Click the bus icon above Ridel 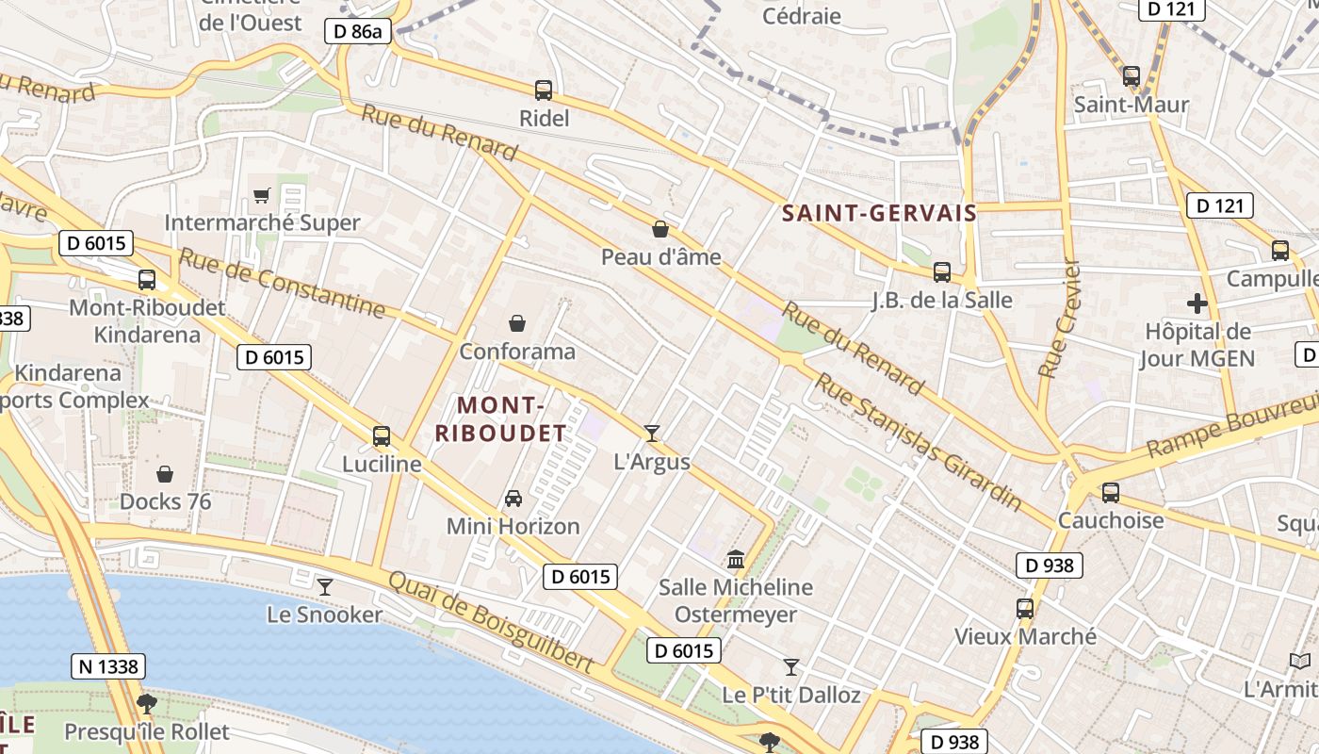(544, 90)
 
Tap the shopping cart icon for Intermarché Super (262, 196)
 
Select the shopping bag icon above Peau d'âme (660, 229)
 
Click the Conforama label (517, 352)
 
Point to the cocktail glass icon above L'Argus (652, 434)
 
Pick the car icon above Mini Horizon (513, 498)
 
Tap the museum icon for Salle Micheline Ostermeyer (736, 560)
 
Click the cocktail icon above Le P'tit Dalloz (791, 667)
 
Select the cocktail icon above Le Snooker (325, 587)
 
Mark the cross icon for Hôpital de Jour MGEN (1197, 303)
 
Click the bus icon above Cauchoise (1111, 492)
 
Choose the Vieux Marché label (1026, 636)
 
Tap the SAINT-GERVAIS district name (879, 214)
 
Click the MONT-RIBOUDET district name (500, 419)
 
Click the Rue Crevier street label (1058, 319)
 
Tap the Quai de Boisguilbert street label (491, 622)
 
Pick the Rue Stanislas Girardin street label (919, 441)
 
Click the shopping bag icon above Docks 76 (165, 474)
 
